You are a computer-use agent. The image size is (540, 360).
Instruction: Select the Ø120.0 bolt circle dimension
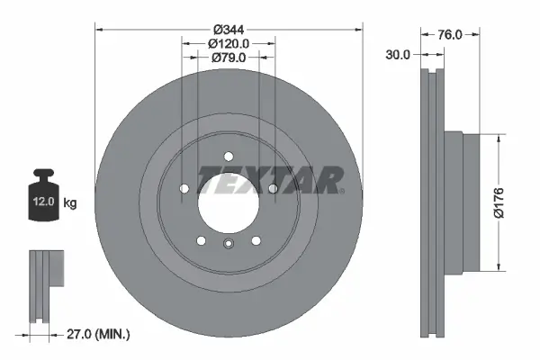coord(229,42)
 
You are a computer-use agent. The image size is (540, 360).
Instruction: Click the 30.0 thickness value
coord(397,54)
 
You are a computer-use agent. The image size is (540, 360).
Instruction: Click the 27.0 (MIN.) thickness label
coord(99,334)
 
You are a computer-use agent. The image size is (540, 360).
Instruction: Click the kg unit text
coord(70,203)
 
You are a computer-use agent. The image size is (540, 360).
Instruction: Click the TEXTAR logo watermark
coord(270,180)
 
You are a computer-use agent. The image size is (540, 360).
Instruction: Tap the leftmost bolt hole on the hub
coord(184,188)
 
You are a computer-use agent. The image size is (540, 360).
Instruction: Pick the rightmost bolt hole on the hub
coord(272,188)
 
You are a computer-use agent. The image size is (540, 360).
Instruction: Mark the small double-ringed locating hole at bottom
coord(229,245)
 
